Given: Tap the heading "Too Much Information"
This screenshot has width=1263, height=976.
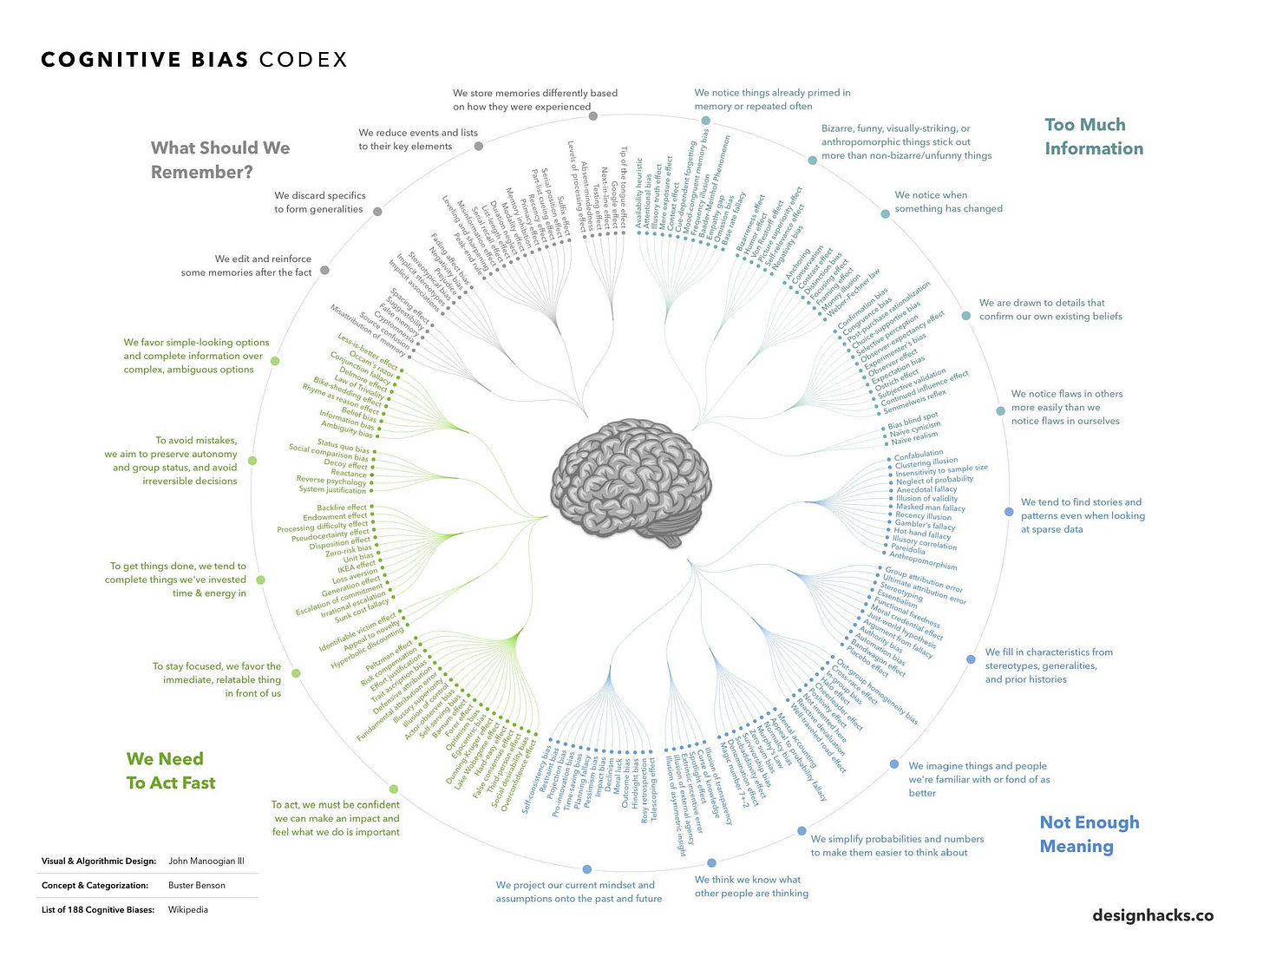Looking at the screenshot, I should tap(1093, 137).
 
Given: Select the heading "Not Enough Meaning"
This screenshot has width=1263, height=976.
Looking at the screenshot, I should tap(1089, 834).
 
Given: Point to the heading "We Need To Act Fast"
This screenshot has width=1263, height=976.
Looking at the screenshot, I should tap(171, 770).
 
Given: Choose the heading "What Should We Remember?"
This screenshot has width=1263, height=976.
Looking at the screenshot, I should tap(220, 160).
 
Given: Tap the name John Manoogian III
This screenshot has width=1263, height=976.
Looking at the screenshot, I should tap(206, 861).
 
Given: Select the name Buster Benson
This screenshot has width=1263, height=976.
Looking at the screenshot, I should tap(197, 886).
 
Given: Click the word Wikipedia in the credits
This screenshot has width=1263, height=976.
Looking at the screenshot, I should tap(188, 910).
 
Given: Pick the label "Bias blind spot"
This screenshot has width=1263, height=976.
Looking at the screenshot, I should tap(913, 421).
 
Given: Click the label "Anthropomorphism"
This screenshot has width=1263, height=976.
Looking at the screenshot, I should tap(924, 561).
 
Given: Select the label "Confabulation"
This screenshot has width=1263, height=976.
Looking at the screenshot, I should tap(919, 454).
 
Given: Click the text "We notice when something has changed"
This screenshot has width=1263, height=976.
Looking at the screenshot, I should tap(948, 202).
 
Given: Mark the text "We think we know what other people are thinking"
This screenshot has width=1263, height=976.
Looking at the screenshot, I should tap(751, 886).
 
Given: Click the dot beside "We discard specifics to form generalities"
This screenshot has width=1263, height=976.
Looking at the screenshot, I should tap(378, 211).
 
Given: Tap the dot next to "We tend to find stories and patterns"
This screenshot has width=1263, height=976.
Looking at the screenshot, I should tap(1008, 512).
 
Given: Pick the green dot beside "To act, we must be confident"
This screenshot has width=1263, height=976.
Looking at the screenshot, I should tap(394, 789).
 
